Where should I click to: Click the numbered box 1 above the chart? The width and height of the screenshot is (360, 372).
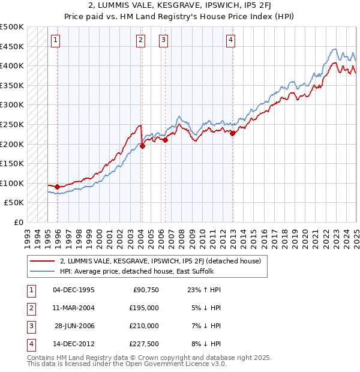(x=55, y=40)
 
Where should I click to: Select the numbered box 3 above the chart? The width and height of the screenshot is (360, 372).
(x=163, y=40)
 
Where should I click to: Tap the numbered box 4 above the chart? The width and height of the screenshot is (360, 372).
(x=230, y=40)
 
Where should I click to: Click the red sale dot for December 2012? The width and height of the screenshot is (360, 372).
(x=233, y=134)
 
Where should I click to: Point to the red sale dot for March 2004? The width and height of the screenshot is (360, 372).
(x=143, y=146)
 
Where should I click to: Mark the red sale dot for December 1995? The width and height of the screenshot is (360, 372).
(x=58, y=187)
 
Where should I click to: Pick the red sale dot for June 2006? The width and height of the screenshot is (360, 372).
(x=166, y=140)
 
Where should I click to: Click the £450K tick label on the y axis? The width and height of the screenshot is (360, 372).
(x=12, y=46)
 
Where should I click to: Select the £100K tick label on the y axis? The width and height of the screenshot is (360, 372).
(x=12, y=183)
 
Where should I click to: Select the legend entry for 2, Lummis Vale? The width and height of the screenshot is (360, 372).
(x=160, y=261)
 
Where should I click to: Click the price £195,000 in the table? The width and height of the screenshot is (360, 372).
(x=145, y=308)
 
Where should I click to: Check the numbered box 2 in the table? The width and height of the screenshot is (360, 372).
(x=31, y=308)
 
